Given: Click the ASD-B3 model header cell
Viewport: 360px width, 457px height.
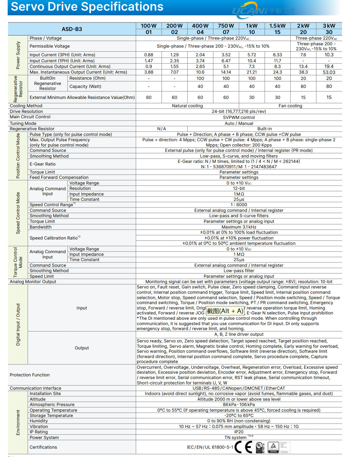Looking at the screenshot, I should click(72, 29).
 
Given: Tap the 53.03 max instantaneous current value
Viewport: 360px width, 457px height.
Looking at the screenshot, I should click(329, 72).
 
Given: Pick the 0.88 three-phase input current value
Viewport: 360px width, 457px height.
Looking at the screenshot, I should click(149, 55).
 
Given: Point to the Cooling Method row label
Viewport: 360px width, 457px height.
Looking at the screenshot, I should click(26, 106).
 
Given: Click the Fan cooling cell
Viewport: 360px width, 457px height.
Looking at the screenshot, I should click(290, 106).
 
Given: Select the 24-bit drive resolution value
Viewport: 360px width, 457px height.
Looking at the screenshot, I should click(239, 112).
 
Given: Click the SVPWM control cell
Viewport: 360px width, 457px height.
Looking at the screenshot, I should click(239, 117).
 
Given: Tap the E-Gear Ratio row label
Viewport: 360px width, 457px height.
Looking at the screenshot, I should click(43, 164).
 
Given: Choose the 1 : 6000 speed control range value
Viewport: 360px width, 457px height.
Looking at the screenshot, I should click(239, 205).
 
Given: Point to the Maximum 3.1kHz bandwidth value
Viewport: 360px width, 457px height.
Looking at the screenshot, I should click(239, 227).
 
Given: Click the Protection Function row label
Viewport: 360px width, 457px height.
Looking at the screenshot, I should click(30, 375).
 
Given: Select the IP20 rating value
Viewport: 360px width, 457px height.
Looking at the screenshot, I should click(239, 432).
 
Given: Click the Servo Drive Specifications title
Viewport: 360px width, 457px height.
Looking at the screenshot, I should click(87, 7).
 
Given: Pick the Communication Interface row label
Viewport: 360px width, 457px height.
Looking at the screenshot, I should click(36, 388).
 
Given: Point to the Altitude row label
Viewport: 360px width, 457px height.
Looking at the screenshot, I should click(38, 399).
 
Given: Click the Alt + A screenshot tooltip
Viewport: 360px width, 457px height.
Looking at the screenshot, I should click(225, 311).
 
